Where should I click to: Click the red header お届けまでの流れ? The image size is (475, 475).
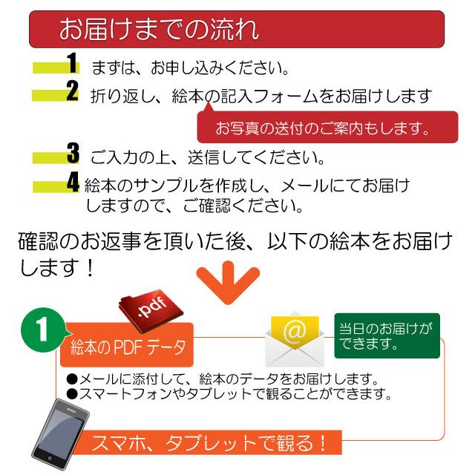[x=237, y=29]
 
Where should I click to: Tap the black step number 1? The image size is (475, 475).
[x=72, y=63]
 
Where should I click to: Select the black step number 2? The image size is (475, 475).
[x=73, y=91]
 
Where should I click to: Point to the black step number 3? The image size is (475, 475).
[x=73, y=154]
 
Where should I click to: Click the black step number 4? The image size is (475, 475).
[x=73, y=182]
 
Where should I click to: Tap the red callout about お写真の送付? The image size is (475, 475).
[x=327, y=127]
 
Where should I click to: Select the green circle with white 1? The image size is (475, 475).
[x=43, y=330]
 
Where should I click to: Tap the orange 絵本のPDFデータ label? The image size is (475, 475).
[x=127, y=345]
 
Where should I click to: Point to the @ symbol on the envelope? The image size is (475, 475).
[x=295, y=331]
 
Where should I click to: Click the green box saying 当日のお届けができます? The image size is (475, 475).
[x=387, y=335]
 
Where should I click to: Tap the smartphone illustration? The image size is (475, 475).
[x=61, y=434]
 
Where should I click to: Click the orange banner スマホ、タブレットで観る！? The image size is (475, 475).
[x=209, y=442]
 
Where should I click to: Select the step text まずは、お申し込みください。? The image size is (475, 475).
[x=190, y=68]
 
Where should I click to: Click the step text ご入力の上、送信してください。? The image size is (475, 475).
[x=208, y=157]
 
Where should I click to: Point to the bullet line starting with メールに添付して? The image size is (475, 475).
[x=223, y=379]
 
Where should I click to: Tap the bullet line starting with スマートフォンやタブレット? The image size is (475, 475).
[x=229, y=393]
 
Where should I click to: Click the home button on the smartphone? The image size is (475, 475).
[x=50, y=459]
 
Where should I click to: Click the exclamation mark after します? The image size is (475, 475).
[x=90, y=268]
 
